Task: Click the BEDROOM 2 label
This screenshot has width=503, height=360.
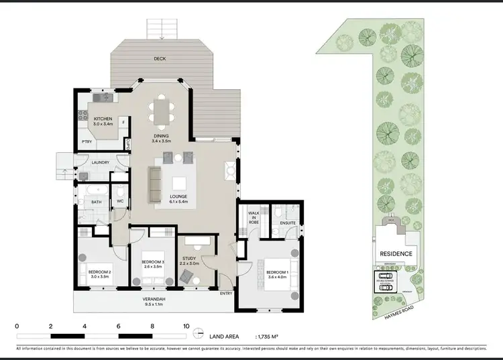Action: tap(98, 273)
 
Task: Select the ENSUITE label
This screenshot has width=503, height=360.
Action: tap(288, 223)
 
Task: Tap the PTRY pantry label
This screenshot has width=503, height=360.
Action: tap(87, 141)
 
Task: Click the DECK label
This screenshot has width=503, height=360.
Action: tap(160, 59)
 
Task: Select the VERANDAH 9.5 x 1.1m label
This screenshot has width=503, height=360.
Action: tap(154, 302)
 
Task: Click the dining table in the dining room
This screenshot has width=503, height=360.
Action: tap(161, 112)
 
